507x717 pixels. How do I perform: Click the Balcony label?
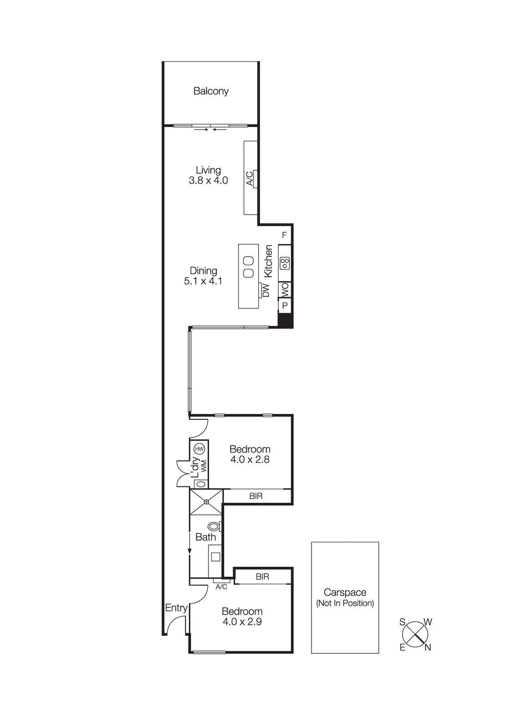[211, 91]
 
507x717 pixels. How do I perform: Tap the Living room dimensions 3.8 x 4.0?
[208, 181]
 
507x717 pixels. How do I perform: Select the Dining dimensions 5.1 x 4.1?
[203, 281]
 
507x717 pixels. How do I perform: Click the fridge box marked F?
[284, 235]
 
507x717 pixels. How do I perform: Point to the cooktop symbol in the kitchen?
[285, 263]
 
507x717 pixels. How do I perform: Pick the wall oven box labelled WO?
[285, 289]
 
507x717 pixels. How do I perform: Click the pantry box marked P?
[285, 306]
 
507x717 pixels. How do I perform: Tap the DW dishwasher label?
[266, 290]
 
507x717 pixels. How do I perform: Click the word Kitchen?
[268, 261]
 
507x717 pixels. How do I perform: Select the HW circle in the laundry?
[199, 449]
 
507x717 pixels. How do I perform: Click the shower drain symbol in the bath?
[206, 502]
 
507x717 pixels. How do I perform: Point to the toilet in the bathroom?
[214, 526]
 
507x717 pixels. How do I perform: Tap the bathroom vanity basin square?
[216, 557]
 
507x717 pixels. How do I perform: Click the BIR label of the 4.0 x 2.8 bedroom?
[256, 496]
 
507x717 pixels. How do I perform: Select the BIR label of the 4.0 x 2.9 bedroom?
[262, 577]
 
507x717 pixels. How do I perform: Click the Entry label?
[176, 608]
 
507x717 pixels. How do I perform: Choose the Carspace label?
[345, 592]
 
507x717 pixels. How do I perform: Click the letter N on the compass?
[428, 647]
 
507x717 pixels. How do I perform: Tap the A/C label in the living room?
[250, 178]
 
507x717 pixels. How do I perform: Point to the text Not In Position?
[345, 603]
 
